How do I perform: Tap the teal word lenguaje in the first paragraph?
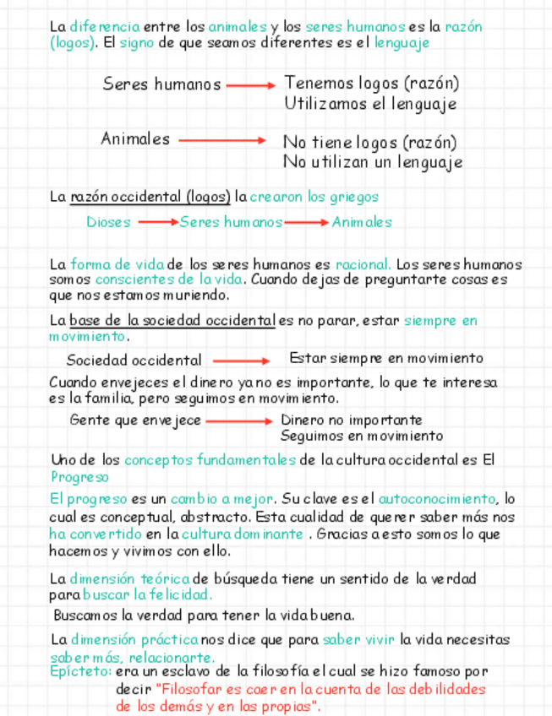tap(402, 42)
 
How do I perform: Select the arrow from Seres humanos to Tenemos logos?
tap(251, 84)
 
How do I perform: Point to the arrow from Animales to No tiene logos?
tap(222, 141)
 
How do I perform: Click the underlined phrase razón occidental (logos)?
tap(150, 197)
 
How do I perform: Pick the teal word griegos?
tap(356, 197)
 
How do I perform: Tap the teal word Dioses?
tap(108, 222)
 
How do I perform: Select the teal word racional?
tap(363, 264)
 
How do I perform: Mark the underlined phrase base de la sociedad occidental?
tap(172, 321)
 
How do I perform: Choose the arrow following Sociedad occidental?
tap(240, 360)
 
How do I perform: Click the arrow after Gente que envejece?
tap(239, 420)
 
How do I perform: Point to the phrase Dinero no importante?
tap(351, 420)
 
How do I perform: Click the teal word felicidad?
tap(183, 594)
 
